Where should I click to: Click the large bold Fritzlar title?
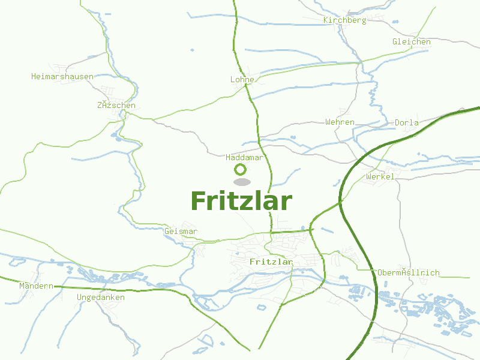click(241, 201)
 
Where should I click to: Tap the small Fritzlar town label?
click(271, 262)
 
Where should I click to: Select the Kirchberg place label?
click(344, 20)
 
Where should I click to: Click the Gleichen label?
click(412, 42)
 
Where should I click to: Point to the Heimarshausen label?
click(62, 77)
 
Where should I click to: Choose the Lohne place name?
click(243, 80)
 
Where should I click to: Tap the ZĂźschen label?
click(116, 106)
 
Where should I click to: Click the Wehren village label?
click(340, 122)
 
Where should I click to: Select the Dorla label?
click(407, 123)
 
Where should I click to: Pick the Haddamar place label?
click(245, 158)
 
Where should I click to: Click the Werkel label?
click(380, 177)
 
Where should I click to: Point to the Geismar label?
click(181, 232)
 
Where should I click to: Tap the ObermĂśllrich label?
click(409, 273)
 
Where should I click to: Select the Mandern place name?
click(36, 286)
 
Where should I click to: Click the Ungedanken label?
click(101, 298)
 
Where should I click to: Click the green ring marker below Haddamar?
click(241, 170)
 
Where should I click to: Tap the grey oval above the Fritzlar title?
click(241, 182)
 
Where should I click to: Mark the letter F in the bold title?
click(199, 201)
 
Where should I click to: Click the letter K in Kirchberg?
click(326, 20)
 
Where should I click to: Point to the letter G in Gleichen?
click(395, 42)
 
